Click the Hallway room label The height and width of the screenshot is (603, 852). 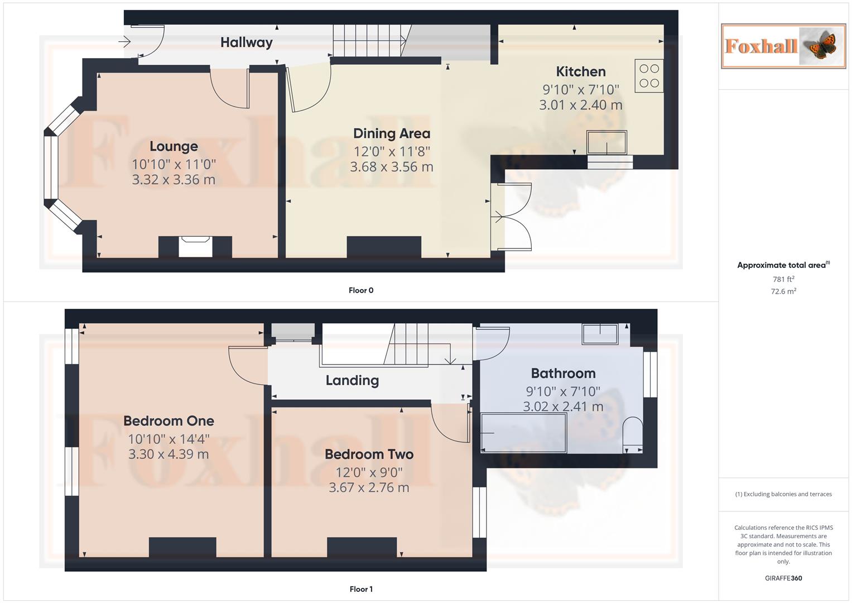(246, 42)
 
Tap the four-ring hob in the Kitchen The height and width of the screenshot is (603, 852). (649, 76)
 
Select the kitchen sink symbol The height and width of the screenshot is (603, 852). (606, 142)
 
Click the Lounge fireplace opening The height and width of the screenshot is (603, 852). (195, 247)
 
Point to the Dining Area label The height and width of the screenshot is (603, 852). (392, 133)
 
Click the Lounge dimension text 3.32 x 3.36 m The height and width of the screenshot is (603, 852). (174, 180)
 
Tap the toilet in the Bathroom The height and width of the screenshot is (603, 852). (633, 435)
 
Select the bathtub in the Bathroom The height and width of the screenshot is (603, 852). (523, 433)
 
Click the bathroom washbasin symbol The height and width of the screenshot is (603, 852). (600, 334)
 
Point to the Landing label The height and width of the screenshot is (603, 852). (352, 380)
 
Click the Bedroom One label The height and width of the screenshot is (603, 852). (169, 421)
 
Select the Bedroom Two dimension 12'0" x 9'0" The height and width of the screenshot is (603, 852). (369, 472)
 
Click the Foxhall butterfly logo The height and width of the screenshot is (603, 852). (783, 46)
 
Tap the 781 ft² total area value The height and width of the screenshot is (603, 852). (783, 279)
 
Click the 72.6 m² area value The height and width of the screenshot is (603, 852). (783, 291)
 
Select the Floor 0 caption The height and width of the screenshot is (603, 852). (361, 290)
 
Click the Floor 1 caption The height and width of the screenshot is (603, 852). (361, 589)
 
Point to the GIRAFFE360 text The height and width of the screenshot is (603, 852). (783, 578)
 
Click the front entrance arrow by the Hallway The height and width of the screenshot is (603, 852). (124, 41)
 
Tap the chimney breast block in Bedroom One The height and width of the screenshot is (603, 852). (182, 547)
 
